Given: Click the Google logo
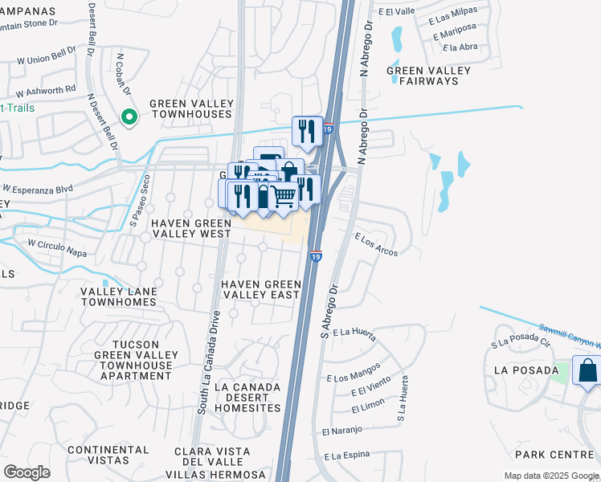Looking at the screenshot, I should point(27,472).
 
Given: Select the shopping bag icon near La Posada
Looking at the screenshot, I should point(587,371).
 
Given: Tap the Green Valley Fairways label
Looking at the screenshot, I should point(428,76).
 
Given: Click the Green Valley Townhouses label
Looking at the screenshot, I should point(190,109).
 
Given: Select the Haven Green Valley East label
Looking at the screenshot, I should point(261,289).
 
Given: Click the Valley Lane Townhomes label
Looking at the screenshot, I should point(117,296).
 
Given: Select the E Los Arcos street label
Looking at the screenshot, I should point(377,244).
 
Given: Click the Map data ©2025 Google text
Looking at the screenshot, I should point(550,476).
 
